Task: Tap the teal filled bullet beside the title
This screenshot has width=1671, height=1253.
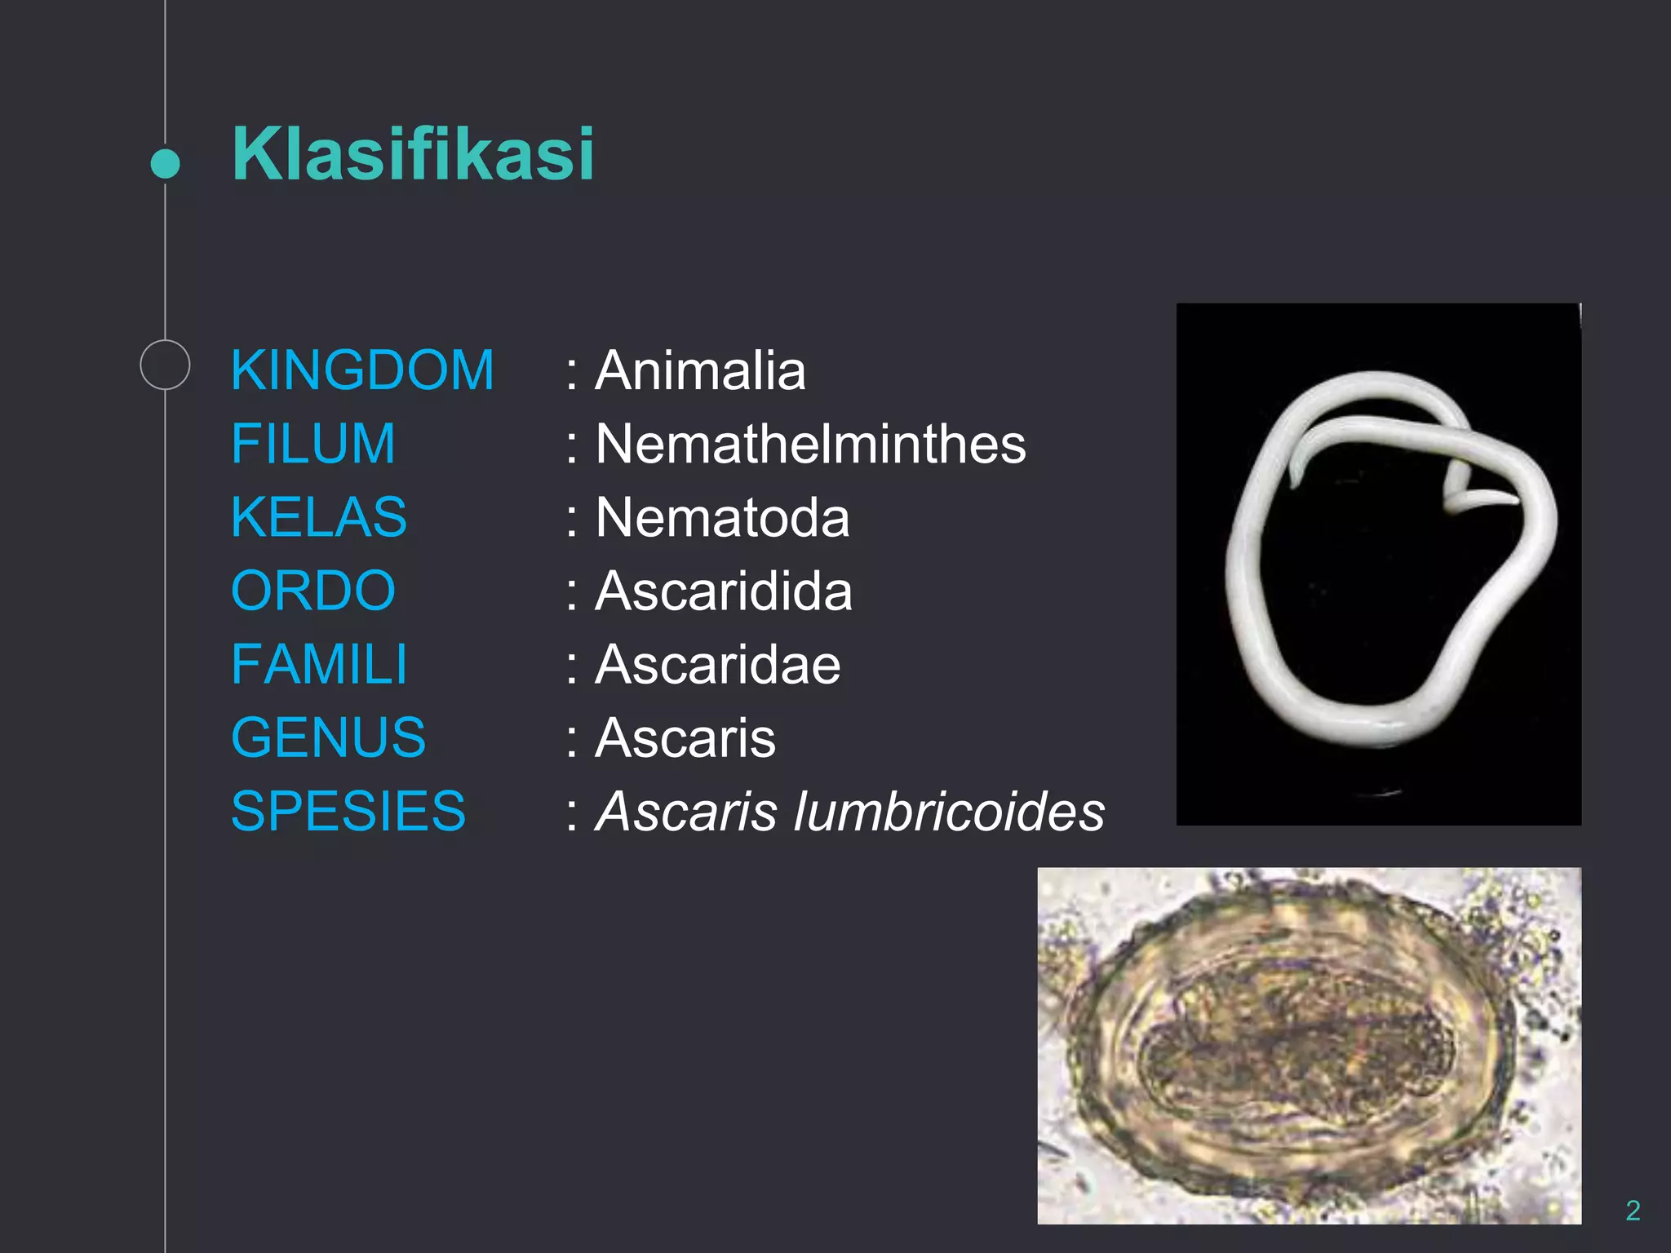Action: coord(166,163)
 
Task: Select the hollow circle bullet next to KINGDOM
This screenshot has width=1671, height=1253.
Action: coord(165,365)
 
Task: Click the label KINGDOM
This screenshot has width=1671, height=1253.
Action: coord(362,370)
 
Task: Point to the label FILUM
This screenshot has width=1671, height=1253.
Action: coord(312,444)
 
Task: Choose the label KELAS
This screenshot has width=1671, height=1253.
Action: coord(318,517)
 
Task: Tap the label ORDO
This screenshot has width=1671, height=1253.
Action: coord(312,591)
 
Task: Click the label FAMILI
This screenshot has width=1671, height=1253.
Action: coord(318,664)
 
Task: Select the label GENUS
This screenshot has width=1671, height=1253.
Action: coord(328,737)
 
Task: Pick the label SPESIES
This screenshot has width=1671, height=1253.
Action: coord(348,811)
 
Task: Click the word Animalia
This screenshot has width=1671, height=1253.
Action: coord(700,370)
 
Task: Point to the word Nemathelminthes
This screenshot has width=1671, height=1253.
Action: coord(810,444)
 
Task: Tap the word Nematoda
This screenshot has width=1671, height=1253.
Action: coord(722,517)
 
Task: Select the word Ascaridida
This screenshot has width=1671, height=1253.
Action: coord(724,591)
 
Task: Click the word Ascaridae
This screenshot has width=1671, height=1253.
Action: coord(718,664)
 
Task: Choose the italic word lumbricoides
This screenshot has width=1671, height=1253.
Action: coord(949,811)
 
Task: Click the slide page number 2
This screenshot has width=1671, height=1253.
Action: coord(1632,1210)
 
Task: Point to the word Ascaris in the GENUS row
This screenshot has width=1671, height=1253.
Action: coord(685,737)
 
